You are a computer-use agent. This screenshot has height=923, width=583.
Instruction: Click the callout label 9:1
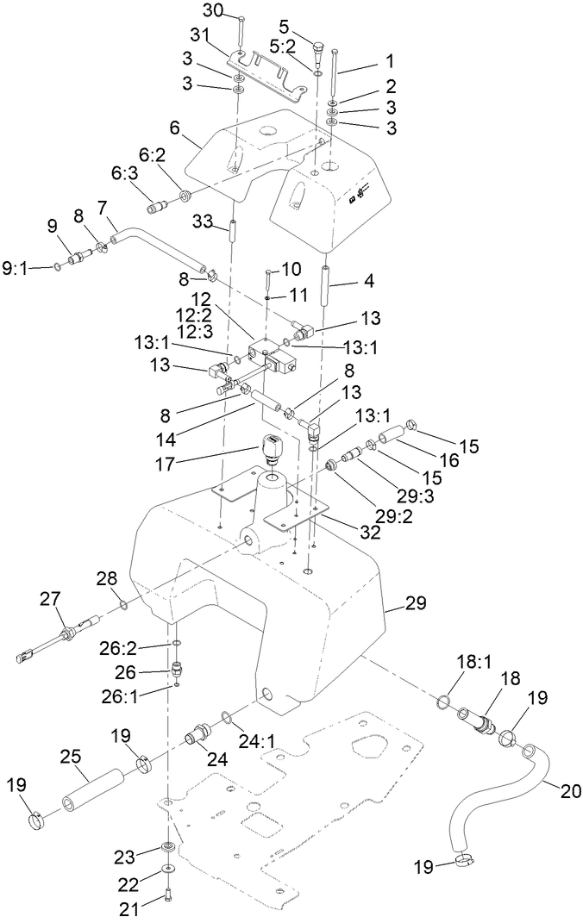click(x=16, y=268)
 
